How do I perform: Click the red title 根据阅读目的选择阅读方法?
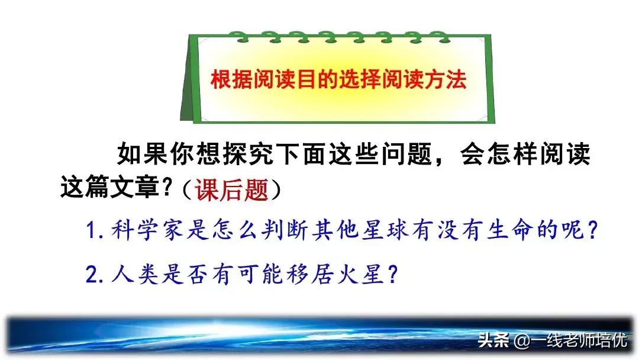(x=339, y=80)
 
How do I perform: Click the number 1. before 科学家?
(x=95, y=232)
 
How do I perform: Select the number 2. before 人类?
(x=95, y=274)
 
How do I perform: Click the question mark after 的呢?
(x=586, y=232)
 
